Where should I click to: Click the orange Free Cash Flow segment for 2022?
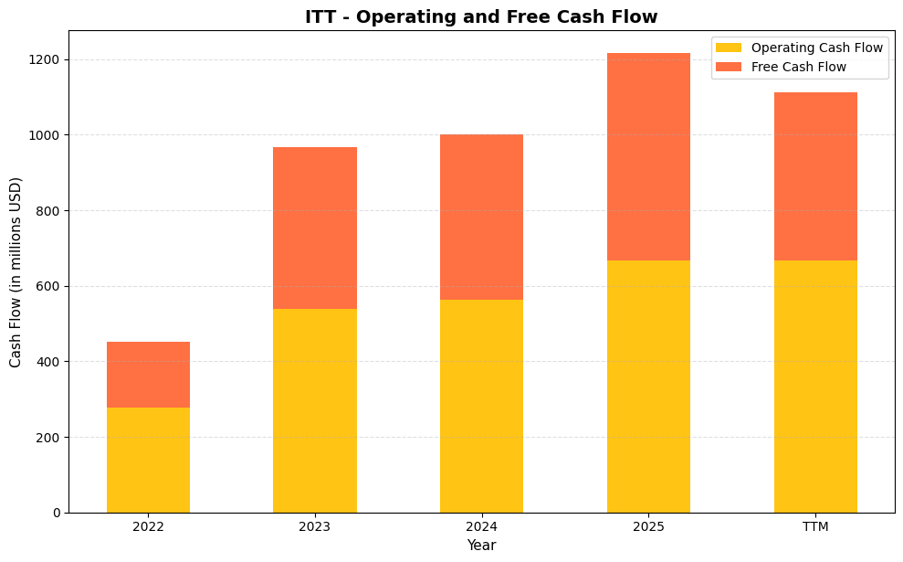coord(148,375)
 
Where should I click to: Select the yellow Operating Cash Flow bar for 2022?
coord(148,460)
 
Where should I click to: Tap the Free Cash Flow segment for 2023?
coord(315,228)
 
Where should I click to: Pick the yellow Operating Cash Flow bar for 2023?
coord(315,410)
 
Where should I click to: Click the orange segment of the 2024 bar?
coord(481,217)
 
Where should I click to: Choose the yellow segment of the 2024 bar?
coord(481,406)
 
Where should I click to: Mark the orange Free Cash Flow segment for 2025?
coord(648,156)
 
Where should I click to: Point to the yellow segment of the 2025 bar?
coord(648,387)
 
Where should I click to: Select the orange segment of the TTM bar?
coord(815,176)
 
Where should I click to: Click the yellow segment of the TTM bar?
coord(815,387)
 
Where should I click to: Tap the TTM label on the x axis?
coord(815,527)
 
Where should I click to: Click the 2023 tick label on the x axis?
coord(315,527)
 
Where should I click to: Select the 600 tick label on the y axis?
coord(49,287)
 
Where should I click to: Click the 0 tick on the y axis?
coord(57,513)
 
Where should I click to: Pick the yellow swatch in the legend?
coord(729,48)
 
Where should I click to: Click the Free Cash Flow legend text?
coord(798,67)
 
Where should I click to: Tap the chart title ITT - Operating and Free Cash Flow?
coord(481,16)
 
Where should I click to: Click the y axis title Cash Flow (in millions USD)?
coord(16,272)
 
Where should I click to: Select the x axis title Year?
coord(481,546)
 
